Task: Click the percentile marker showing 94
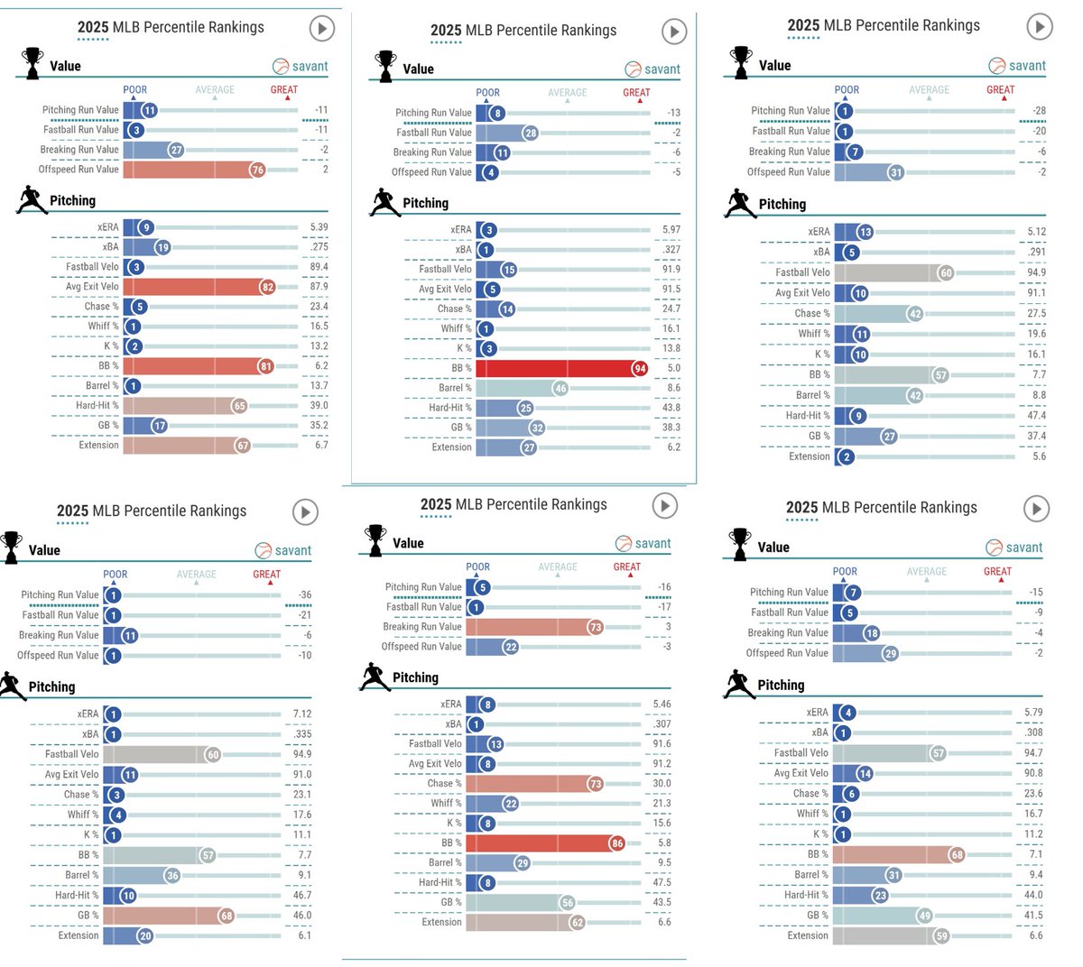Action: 639,368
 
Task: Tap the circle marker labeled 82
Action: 267,287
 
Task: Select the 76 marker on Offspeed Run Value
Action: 257,170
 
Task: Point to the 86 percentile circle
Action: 617,843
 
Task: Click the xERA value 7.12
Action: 302,714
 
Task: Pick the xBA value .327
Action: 672,250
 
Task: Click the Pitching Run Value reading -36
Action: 305,594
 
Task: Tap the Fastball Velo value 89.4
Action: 319,267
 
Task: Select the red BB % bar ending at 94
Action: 560,368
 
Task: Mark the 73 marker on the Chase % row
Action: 595,784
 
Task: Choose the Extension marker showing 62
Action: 578,922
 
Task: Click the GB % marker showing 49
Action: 924,916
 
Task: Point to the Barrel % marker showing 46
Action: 560,389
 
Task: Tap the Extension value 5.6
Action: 1039,456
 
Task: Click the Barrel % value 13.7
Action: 319,385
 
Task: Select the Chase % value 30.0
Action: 662,783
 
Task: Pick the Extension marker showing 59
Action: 941,936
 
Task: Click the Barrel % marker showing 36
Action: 172,876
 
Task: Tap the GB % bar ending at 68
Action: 167,916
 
